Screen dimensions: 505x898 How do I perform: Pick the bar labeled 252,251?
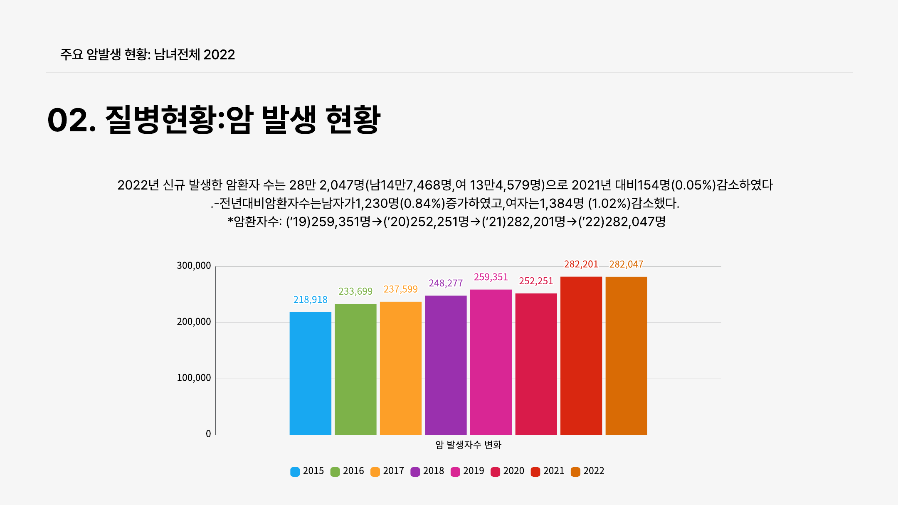tap(536, 364)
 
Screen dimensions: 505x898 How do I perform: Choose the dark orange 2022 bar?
tap(626, 355)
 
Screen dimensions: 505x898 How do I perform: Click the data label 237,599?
tap(400, 289)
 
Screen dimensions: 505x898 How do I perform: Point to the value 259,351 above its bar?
tap(491, 277)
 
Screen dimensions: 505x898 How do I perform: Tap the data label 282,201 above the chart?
tap(581, 264)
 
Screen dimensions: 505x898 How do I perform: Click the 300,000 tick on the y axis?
tap(194, 266)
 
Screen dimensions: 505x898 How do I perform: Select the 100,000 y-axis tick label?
tap(194, 378)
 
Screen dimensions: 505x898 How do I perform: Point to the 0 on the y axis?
tap(208, 434)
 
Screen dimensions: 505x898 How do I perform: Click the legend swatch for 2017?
tap(375, 472)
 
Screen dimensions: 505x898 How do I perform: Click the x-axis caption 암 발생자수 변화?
tap(468, 445)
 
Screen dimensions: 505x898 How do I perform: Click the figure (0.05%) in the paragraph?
tap(693, 185)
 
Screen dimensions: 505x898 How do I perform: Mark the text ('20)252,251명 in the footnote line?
tap(426, 222)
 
